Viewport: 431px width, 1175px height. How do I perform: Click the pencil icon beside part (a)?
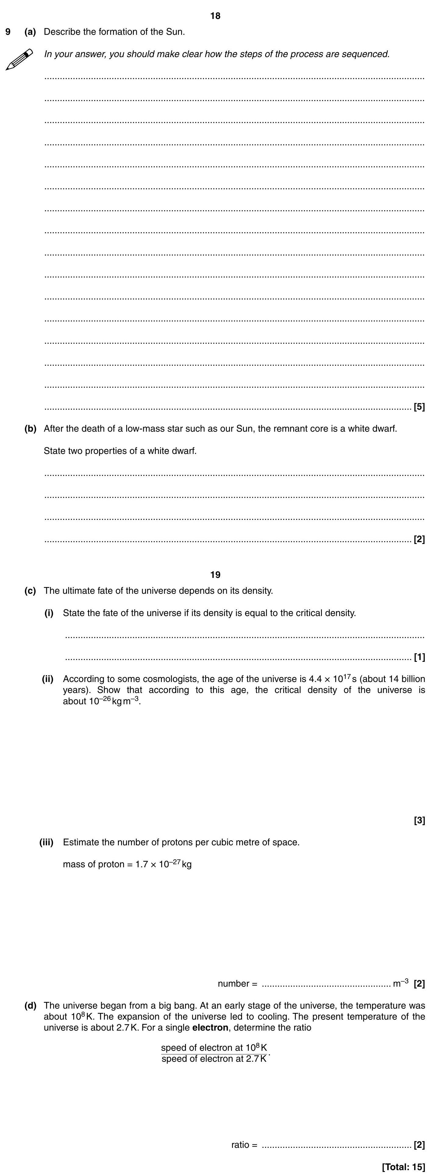pos(19,59)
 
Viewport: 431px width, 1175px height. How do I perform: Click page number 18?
pos(215,16)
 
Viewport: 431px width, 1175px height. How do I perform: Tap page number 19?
pos(215,574)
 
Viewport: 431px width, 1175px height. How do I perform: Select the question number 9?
pos(8,32)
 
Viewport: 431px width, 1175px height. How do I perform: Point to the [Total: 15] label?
pos(403,1167)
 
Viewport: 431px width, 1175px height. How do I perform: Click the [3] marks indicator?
pos(419,821)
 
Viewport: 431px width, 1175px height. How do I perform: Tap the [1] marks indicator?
pos(419,657)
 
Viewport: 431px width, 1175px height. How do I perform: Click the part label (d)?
pos(30,1005)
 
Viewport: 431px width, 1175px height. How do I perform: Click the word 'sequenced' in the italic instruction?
pos(369,54)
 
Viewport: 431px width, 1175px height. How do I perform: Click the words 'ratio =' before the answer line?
pos(244,1144)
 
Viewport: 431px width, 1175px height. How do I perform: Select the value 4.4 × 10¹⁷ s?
pos(333,679)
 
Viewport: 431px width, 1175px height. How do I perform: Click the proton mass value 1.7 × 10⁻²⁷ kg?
pos(163,864)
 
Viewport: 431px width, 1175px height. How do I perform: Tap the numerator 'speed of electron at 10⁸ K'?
pos(214,1048)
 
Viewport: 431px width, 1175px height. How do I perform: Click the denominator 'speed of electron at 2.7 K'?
pos(214,1059)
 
